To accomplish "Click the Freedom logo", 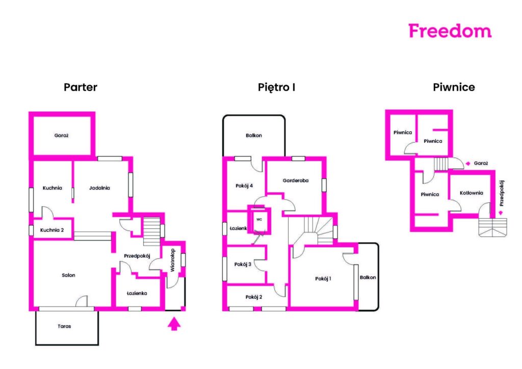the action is tap(450, 31).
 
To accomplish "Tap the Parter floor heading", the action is tap(81, 87).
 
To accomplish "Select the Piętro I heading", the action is tap(276, 88).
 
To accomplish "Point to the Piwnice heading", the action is tap(454, 87).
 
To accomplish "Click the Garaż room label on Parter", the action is tap(61, 136).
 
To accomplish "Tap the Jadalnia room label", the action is tap(99, 188).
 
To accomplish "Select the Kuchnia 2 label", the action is tap(52, 230).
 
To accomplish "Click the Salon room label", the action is tap(69, 275).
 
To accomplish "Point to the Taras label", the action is tap(64, 326).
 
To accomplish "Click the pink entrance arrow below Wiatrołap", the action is tap(174, 324).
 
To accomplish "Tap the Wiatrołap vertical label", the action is tap(172, 260).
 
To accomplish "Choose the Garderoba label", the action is tap(295, 180).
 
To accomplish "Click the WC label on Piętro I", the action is tap(259, 220).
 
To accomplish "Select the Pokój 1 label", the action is tap(323, 278).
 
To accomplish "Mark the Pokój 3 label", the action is tap(243, 264).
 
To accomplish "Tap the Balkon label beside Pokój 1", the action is tap(368, 277).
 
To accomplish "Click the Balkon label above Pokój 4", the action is tap(254, 136).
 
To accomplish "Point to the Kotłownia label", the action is tap(471, 193).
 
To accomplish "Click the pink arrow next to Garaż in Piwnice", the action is tap(468, 164).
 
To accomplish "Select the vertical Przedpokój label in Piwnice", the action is tap(502, 193).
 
